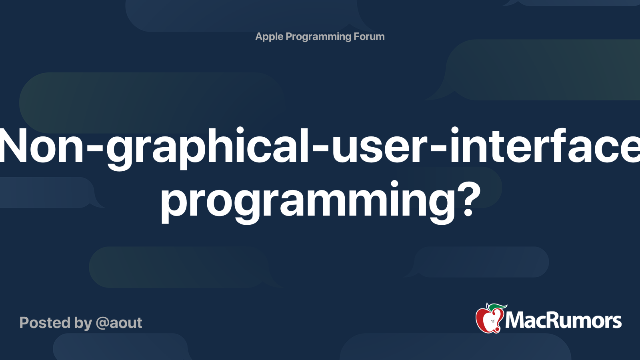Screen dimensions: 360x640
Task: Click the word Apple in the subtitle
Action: [x=269, y=37]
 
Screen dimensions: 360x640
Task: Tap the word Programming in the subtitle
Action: [x=318, y=37]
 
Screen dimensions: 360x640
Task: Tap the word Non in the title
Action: [x=40, y=146]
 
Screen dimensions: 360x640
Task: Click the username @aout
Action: [x=119, y=323]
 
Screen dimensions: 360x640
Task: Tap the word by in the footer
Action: [x=83, y=323]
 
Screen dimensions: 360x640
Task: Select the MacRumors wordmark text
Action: [x=563, y=320]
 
